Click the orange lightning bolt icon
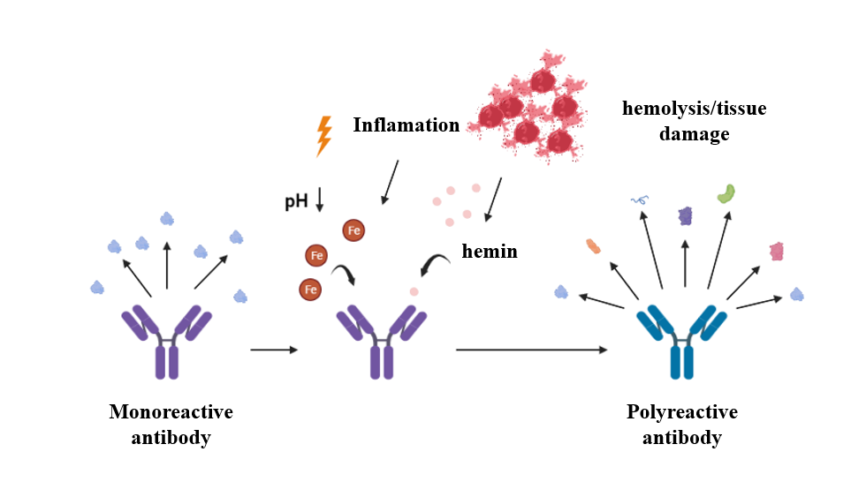[x=324, y=137]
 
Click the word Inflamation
[x=407, y=125]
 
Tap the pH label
[x=296, y=201]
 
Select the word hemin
[x=490, y=252]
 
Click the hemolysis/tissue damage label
[x=694, y=122]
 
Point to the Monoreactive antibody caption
[x=171, y=425]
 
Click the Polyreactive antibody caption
[x=681, y=425]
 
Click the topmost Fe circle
[x=354, y=231]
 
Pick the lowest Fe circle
[x=310, y=289]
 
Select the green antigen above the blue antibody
[x=726, y=193]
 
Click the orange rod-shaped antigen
[x=593, y=245]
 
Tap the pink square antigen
[x=776, y=252]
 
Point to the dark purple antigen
[x=686, y=215]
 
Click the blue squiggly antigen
[x=639, y=200]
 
